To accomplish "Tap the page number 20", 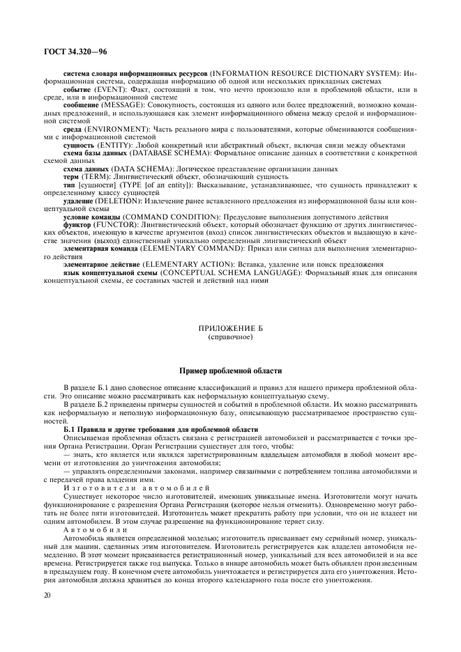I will pos(47,596).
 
